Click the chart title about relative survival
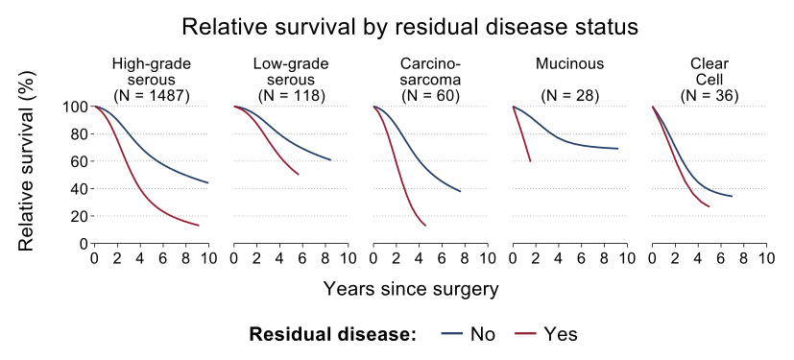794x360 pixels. point(410,27)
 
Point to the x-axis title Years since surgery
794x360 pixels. point(411,289)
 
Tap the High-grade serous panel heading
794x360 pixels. point(152,72)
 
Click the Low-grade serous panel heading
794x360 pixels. point(291,72)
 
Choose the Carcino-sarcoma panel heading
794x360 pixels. point(430,72)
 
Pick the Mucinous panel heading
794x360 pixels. point(569,64)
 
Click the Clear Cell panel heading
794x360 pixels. point(709,72)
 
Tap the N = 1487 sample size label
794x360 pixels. point(152,96)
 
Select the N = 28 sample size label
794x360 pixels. point(569,96)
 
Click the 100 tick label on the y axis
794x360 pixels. point(74,107)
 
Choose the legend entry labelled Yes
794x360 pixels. point(546,334)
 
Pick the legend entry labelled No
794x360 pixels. point(469,334)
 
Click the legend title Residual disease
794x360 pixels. point(333,334)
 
